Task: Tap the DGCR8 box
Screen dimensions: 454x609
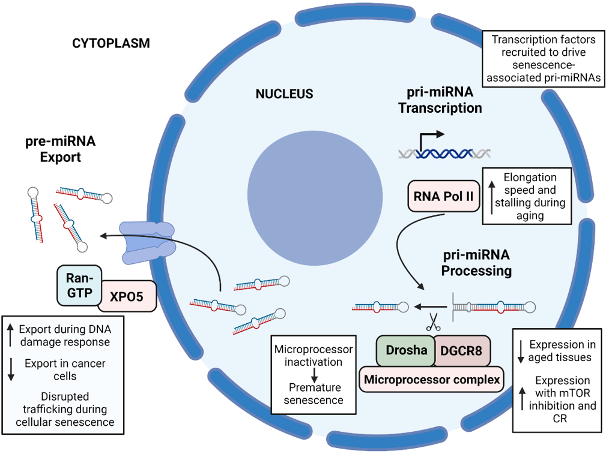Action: [461, 351]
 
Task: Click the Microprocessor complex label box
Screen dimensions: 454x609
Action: [431, 379]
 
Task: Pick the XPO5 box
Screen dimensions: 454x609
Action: [127, 295]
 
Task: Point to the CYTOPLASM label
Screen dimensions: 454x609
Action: [111, 43]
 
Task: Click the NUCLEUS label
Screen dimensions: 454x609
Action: [284, 94]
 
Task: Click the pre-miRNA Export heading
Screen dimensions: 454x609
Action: [60, 149]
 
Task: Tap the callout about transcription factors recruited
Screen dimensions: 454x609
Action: [542, 59]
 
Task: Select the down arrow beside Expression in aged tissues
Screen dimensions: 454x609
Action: [521, 351]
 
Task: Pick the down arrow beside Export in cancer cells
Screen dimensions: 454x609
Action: [11, 369]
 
